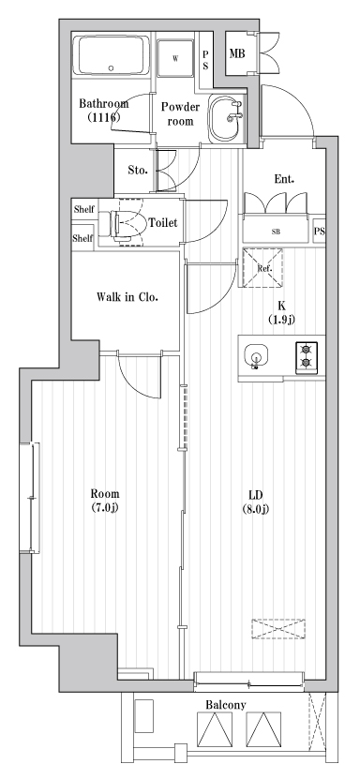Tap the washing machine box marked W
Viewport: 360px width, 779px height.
coord(175,58)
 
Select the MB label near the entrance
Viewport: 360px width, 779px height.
coord(237,53)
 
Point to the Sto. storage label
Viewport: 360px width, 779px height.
coord(136,170)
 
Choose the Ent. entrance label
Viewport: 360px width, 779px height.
coord(285,178)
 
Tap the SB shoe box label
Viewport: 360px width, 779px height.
coord(277,231)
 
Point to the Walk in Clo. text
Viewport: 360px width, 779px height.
coord(127,297)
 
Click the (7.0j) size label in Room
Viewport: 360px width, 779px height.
coord(104,509)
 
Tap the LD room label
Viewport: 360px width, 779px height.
coord(254,494)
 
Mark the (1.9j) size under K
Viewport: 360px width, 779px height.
coord(281,320)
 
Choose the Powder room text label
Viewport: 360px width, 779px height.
coord(180,113)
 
